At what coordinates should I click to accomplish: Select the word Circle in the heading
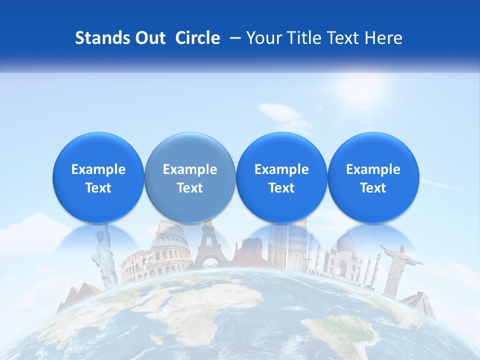(x=197, y=38)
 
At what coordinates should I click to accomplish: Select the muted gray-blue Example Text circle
(x=190, y=178)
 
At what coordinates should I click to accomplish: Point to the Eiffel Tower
(x=209, y=245)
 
